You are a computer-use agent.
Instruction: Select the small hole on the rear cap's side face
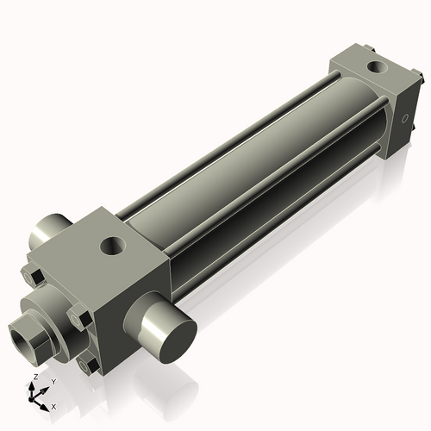pyautogui.click(x=403, y=119)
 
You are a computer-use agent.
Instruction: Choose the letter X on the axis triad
pyautogui.click(x=53, y=405)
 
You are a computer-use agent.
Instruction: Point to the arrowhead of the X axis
pyautogui.click(x=46, y=403)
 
